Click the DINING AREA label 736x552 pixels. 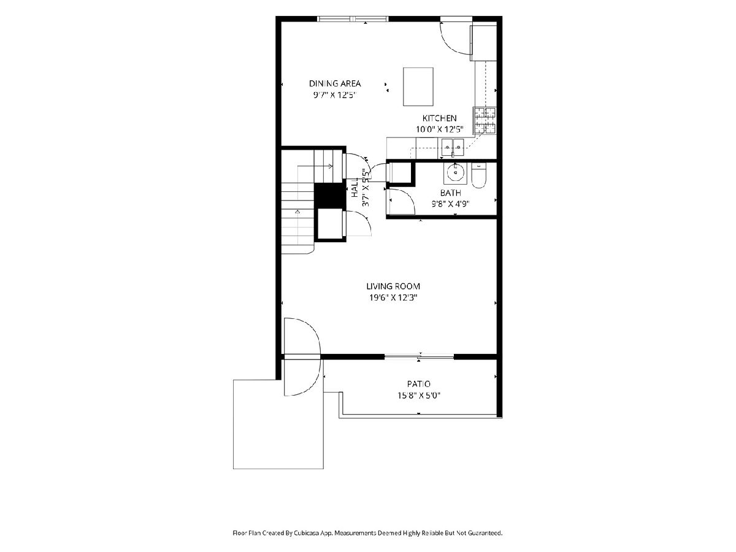pos(335,83)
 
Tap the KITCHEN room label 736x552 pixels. pos(439,118)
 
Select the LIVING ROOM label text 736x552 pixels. pos(393,286)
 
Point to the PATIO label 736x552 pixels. pos(419,384)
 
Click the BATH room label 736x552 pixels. pos(450,193)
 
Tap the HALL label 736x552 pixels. pos(355,187)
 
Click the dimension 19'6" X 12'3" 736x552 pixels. pos(393,297)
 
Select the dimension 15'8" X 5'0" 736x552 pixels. pos(419,396)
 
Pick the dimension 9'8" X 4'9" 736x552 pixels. pos(450,204)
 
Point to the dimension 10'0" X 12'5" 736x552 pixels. pos(440,129)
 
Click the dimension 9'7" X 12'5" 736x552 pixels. pos(334,95)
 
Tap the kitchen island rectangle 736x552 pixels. pos(418,87)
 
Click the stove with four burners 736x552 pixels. pos(485,120)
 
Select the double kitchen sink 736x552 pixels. pos(453,147)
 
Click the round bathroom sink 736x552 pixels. pos(455,174)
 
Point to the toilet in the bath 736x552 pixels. pos(478,175)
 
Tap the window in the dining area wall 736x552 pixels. pos(353,19)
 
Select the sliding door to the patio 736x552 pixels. pos(419,357)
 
